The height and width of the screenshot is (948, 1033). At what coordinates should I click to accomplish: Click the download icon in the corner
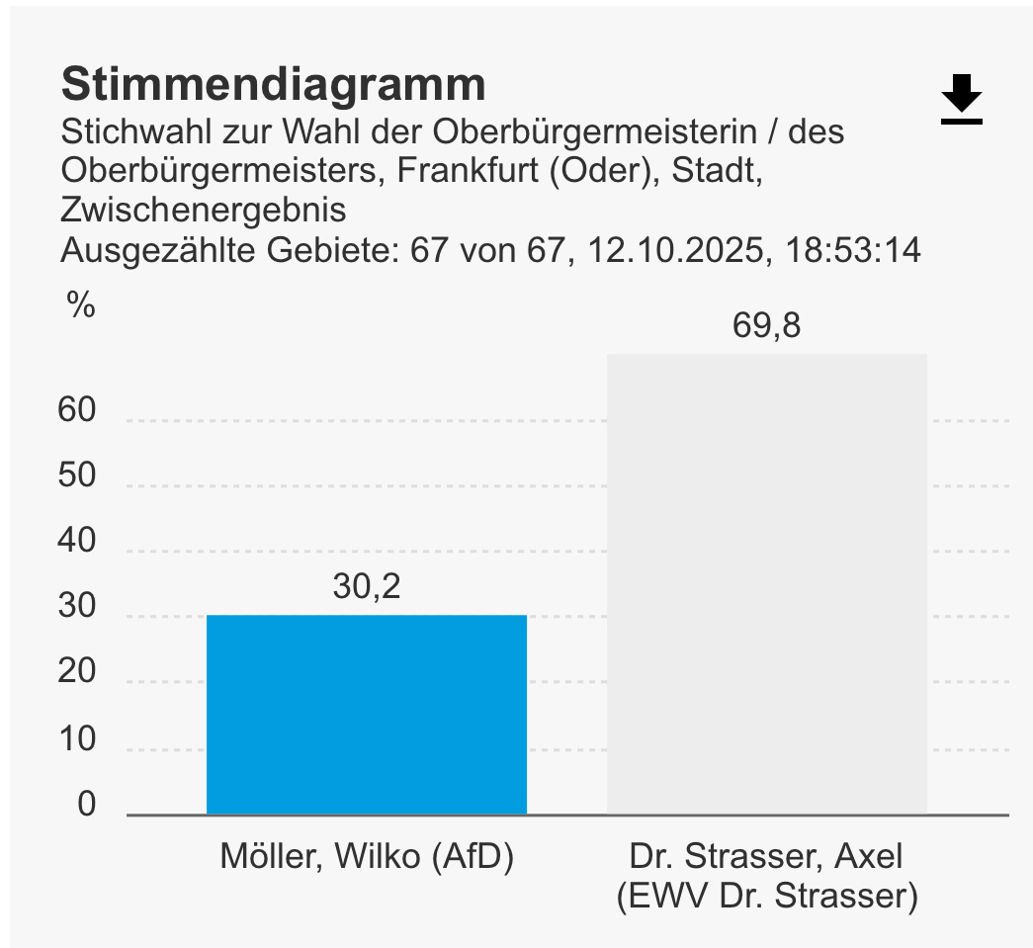[961, 100]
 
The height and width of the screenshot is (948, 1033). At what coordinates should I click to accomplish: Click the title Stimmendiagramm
[273, 85]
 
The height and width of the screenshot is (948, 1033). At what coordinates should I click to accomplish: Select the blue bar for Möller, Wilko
[366, 715]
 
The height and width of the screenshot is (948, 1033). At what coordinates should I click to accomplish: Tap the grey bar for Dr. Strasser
[766, 584]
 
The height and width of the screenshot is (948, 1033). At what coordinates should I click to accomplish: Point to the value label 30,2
[366, 587]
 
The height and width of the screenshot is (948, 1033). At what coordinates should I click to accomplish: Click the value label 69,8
[766, 325]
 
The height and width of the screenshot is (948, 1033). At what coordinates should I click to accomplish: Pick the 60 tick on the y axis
[77, 410]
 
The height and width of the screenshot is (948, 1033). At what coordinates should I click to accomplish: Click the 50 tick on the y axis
[77, 476]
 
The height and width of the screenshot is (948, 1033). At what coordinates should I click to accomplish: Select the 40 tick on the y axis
[77, 542]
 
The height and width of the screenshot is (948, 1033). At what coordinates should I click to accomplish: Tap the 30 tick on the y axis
[77, 608]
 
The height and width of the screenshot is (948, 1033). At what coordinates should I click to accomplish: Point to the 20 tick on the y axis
[77, 673]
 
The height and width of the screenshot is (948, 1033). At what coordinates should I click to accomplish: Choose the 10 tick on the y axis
[77, 739]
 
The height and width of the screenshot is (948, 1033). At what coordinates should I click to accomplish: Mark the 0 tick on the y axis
[87, 805]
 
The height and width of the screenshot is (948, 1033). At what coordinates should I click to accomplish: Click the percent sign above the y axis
[81, 306]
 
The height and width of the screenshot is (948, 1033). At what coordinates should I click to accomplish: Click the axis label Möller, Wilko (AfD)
[367, 857]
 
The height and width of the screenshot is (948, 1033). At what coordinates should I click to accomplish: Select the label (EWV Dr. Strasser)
[766, 897]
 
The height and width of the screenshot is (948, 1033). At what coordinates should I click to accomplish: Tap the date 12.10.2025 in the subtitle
[677, 250]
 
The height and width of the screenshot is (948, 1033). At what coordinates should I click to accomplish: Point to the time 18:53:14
[853, 250]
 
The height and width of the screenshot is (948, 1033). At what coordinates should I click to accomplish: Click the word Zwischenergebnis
[204, 211]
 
